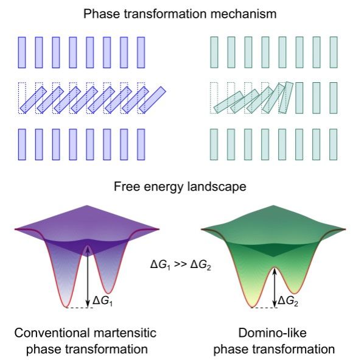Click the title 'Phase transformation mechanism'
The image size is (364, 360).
coord(180,14)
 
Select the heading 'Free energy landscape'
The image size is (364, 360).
coord(180,187)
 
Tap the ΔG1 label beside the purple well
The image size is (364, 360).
coord(103,301)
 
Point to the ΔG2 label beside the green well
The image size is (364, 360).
coord(288,301)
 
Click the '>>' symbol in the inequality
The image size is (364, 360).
coord(180,264)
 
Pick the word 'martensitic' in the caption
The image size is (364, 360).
coord(125,333)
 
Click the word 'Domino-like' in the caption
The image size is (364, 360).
coord(272,333)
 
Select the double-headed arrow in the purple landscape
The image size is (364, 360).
coord(88,277)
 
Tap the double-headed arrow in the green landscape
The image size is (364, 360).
coord(275,288)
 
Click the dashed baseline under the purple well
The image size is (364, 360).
coord(79,308)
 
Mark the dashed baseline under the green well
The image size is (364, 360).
coord(264,308)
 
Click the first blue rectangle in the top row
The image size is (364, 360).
coord(22,52)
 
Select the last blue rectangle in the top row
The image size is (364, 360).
coord(141,52)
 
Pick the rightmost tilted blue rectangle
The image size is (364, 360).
coord(152,100)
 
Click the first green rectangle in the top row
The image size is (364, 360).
coord(214,52)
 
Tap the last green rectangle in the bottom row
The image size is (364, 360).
coord(334,144)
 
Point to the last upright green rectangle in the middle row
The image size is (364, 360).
coord(334,98)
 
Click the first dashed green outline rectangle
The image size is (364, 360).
coord(214,98)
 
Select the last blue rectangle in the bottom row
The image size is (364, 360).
coord(141,144)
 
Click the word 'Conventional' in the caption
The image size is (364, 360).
coord(52,333)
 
